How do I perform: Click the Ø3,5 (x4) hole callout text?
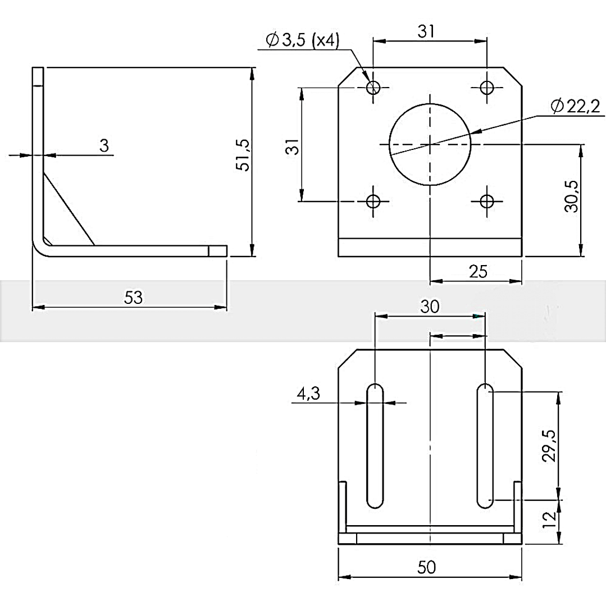pos(303,40)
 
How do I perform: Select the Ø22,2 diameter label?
pos(576,106)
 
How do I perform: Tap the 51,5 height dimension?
pos(244,155)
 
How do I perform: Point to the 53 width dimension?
pos(133,298)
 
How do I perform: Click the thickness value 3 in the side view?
pos(104,145)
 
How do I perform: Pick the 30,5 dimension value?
pos(572,196)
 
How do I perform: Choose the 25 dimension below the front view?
pos(478,272)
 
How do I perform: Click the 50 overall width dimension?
pos(427,567)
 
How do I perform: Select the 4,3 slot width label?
pos(308,394)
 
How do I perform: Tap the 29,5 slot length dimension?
pos(549,445)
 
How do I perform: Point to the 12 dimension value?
pos(549,520)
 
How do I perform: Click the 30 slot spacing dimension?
pos(430,307)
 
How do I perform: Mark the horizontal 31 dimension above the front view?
pos(426,31)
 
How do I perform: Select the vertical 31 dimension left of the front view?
pos(293,147)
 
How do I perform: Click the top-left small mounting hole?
pos(373,88)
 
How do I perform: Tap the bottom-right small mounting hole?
pos(487,201)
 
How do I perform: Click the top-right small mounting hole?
pos(487,88)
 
